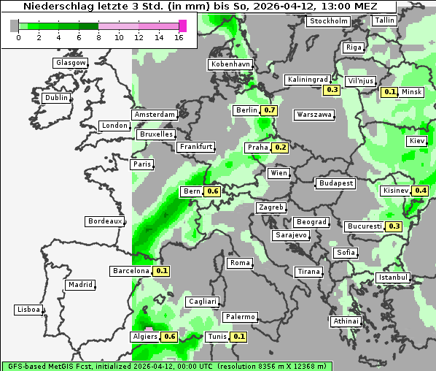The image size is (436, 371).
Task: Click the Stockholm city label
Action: (x=328, y=21)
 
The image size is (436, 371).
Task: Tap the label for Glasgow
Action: (x=71, y=63)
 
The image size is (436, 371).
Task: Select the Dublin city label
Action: (x=56, y=98)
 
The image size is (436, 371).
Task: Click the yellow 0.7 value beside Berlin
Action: (x=270, y=110)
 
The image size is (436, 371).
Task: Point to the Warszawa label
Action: (x=314, y=115)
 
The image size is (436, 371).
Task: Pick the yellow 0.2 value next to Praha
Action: (x=281, y=148)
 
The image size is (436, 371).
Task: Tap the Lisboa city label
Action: (x=28, y=310)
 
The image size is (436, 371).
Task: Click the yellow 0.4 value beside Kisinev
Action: (x=421, y=191)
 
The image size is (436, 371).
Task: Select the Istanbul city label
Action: (x=393, y=278)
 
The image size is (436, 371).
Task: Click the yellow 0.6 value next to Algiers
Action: (x=170, y=337)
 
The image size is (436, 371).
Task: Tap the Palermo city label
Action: (x=239, y=317)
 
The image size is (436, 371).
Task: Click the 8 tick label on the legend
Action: (x=98, y=37)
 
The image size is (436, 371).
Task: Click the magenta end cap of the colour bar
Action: (x=182, y=26)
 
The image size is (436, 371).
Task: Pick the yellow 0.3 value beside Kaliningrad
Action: (x=332, y=90)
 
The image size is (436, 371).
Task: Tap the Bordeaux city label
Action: (x=105, y=221)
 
